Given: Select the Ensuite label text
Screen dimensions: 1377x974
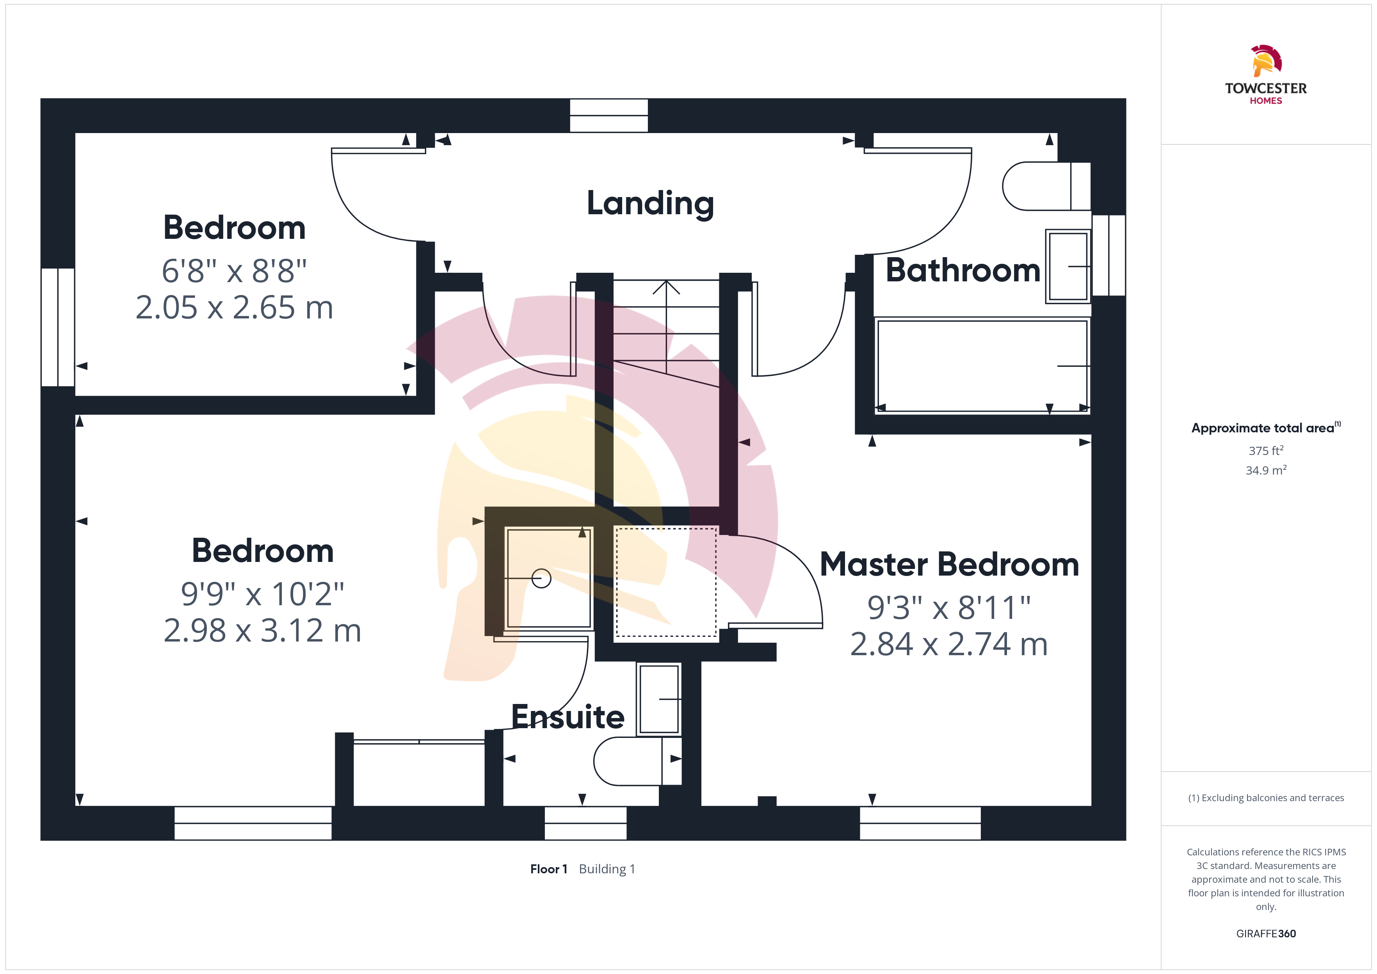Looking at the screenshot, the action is click(x=568, y=717).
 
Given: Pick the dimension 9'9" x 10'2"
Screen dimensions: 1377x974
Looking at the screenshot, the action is click(x=263, y=594).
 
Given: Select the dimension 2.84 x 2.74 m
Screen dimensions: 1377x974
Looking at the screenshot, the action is click(x=949, y=644).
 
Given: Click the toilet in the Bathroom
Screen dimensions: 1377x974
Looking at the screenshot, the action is click(x=1046, y=186).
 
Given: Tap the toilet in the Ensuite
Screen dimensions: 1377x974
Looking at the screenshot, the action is click(x=637, y=761).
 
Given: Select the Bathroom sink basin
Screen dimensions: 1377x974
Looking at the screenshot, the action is click(x=1068, y=266).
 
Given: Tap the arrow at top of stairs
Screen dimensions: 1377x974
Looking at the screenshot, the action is click(x=666, y=288).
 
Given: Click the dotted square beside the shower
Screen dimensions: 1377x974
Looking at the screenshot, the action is click(x=666, y=582).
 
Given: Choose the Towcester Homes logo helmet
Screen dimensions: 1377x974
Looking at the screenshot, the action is click(x=1266, y=60).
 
